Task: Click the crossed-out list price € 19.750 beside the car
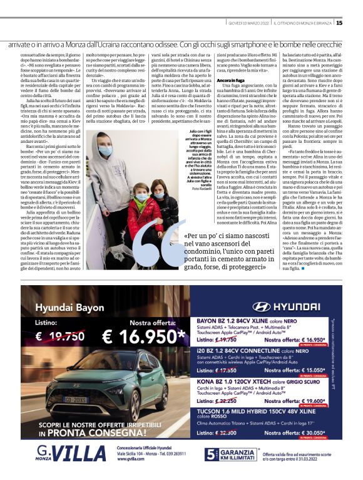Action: click(x=57, y=337)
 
